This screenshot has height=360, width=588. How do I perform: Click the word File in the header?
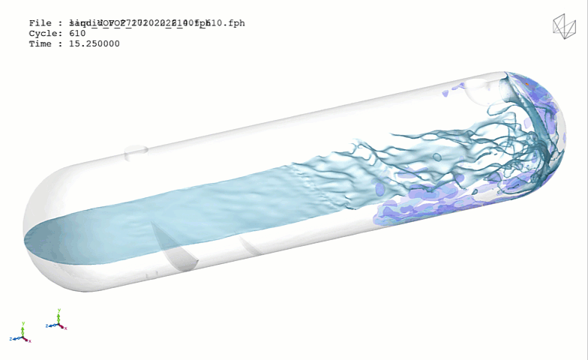tap(40, 23)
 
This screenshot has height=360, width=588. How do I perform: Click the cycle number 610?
tap(77, 34)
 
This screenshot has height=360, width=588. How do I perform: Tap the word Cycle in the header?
tap(43, 34)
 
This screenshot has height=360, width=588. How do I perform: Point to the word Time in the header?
tap(40, 44)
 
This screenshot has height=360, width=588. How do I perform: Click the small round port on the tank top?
tap(136, 153)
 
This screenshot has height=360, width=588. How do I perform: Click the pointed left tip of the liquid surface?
tap(26, 241)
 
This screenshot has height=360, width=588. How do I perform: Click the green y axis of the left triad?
tap(23, 330)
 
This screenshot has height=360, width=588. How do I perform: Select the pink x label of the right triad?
tap(66, 328)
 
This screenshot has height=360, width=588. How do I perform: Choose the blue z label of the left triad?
tap(13, 339)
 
